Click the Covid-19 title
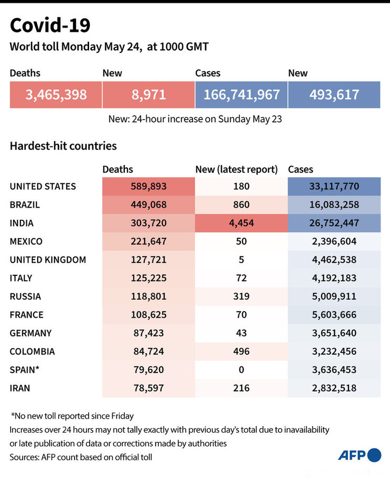pyautogui.click(x=50, y=26)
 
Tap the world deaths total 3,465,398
pyautogui.click(x=56, y=94)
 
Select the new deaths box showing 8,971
pyautogui.click(x=149, y=94)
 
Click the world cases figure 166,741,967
pyautogui.click(x=241, y=94)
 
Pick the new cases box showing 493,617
pyautogui.click(x=334, y=94)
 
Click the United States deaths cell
pyautogui.click(x=148, y=187)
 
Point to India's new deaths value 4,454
pyautogui.click(x=241, y=223)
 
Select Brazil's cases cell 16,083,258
pyautogui.click(x=334, y=205)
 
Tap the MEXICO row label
pyautogui.click(x=26, y=241)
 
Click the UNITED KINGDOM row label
pyautogui.click(x=48, y=260)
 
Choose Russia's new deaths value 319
pyautogui.click(x=241, y=296)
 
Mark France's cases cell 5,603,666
pyautogui.click(x=334, y=315)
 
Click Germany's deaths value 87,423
pyautogui.click(x=148, y=333)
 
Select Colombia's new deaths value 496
pyautogui.click(x=241, y=351)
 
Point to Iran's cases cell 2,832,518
pyautogui.click(x=334, y=388)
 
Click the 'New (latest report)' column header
pyautogui.click(x=236, y=169)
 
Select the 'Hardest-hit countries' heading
pyautogui.click(x=63, y=145)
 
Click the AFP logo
pyautogui.click(x=360, y=454)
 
